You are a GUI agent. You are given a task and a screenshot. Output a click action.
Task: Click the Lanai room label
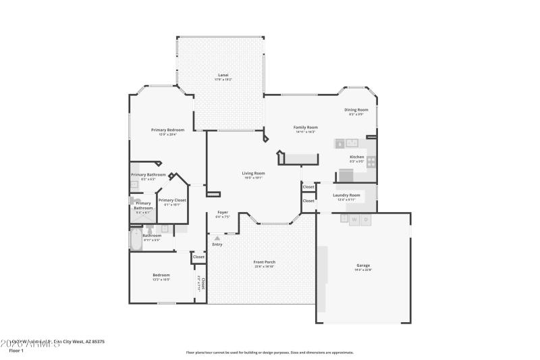pyautogui.click(x=223, y=75)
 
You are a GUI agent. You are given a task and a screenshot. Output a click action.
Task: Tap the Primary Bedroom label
pyautogui.click(x=167, y=130)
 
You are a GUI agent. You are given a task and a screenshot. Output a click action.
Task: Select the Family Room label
pyautogui.click(x=305, y=127)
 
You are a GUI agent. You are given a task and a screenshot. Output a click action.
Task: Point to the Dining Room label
pyautogui.click(x=356, y=109)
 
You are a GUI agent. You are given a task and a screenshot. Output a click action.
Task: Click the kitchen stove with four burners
pyautogui.click(x=371, y=161)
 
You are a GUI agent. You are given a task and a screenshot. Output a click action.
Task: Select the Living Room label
pyautogui.click(x=253, y=173)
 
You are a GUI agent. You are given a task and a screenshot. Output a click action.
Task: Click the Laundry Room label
pyautogui.click(x=347, y=195)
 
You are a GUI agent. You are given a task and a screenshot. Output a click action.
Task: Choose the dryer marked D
pyautogui.click(x=366, y=220)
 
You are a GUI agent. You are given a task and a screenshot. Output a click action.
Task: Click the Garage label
pyautogui.click(x=363, y=265)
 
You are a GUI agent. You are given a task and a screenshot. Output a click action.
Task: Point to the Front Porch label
pyautogui.click(x=265, y=262)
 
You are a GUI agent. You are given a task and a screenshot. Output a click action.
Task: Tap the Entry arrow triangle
pyautogui.click(x=217, y=238)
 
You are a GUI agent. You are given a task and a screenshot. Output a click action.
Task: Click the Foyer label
pyautogui.click(x=223, y=212)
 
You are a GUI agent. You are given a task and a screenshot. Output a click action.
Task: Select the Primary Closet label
pyautogui.click(x=172, y=200)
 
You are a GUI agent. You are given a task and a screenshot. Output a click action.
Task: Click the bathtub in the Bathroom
pyautogui.click(x=136, y=240)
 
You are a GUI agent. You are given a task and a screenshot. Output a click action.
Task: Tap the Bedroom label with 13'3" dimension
pyautogui.click(x=161, y=275)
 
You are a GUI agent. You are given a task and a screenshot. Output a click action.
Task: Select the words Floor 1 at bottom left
pyautogui.click(x=16, y=351)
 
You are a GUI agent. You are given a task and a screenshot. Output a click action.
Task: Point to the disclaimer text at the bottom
pyautogui.click(x=269, y=352)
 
